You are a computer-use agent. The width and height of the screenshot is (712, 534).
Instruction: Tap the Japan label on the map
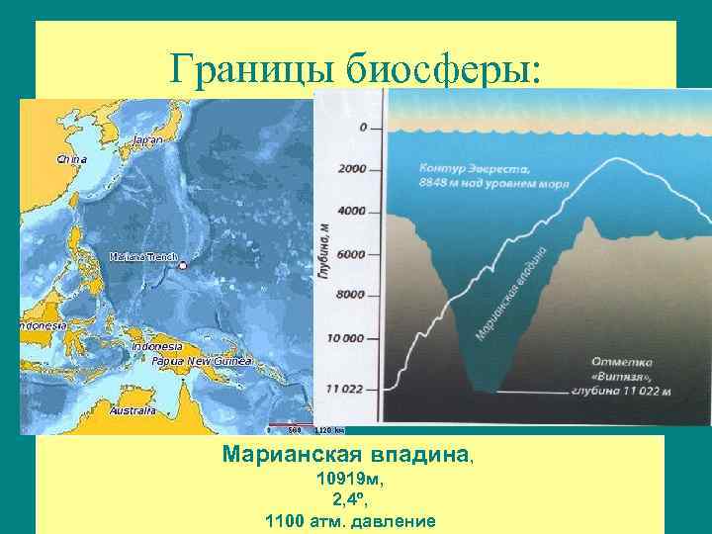pyautogui.click(x=146, y=140)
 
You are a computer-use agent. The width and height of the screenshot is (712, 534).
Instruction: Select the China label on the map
pyautogui.click(x=71, y=159)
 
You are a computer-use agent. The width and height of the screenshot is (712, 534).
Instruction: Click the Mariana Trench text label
pyautogui.click(x=142, y=257)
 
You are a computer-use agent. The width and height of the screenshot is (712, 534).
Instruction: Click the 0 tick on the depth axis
pyautogui.click(x=363, y=128)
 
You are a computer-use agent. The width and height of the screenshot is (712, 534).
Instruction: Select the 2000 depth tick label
pyautogui.click(x=352, y=169)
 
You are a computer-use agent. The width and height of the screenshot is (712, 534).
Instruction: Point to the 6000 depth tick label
pyautogui.click(x=352, y=253)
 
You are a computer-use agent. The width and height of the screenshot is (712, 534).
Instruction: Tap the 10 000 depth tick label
pyautogui.click(x=347, y=338)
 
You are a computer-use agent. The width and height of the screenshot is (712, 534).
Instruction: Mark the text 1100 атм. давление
pyautogui.click(x=350, y=520)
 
